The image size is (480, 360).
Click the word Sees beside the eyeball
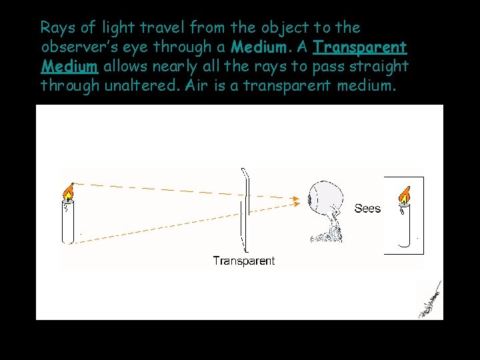[367, 209]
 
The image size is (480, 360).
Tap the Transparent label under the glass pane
[243, 261]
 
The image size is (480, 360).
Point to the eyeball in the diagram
[326, 198]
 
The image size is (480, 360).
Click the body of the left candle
[68, 222]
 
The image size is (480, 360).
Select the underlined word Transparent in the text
[359, 47]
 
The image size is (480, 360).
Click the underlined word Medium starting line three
[69, 67]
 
